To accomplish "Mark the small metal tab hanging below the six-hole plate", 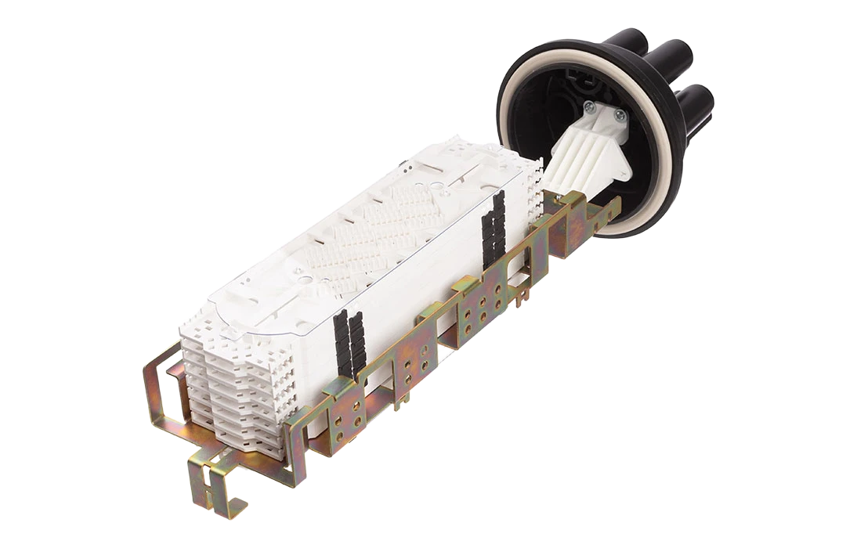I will [518, 300].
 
